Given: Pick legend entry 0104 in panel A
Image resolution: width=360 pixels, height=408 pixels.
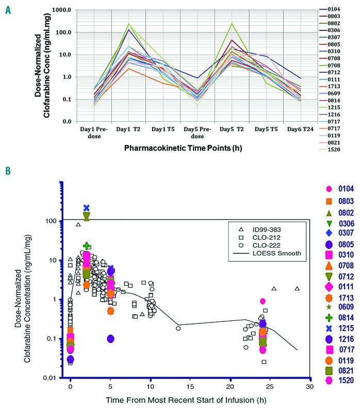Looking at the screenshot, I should coord(345,10).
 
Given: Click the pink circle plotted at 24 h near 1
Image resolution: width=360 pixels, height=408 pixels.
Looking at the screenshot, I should coord(263,301).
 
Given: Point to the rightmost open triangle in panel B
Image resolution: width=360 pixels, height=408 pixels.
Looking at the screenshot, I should coord(297,288).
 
